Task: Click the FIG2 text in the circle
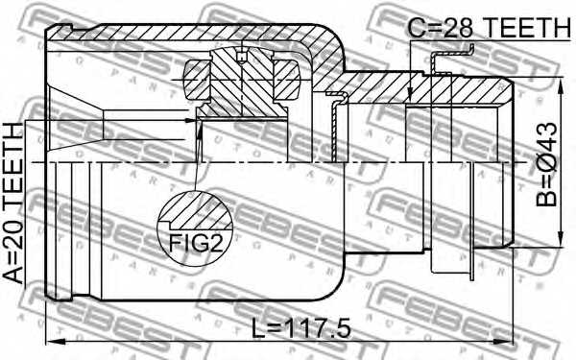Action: coord(196,243)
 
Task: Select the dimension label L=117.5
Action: coord(300,328)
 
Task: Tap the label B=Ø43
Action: coord(546,164)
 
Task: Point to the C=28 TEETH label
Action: coord(489,28)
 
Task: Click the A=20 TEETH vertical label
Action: coord(13,203)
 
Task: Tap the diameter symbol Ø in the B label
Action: coord(546,166)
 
